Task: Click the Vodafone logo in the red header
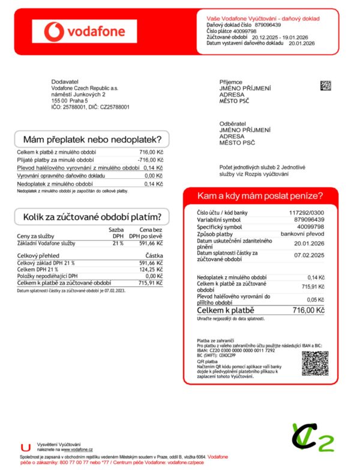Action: (85, 31)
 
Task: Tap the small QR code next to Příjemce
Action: (326, 85)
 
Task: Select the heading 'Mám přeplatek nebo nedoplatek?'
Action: (91, 139)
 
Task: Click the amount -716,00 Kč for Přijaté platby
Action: (151, 160)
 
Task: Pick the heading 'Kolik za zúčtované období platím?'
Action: (91, 217)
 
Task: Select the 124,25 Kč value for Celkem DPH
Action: (151, 269)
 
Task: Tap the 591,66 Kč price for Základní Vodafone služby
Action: (151, 243)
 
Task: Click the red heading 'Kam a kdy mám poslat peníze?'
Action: (260, 196)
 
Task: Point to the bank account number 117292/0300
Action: (307, 212)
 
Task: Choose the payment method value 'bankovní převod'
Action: (304, 234)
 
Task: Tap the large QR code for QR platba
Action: (314, 364)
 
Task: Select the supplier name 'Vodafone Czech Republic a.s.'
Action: (85, 88)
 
